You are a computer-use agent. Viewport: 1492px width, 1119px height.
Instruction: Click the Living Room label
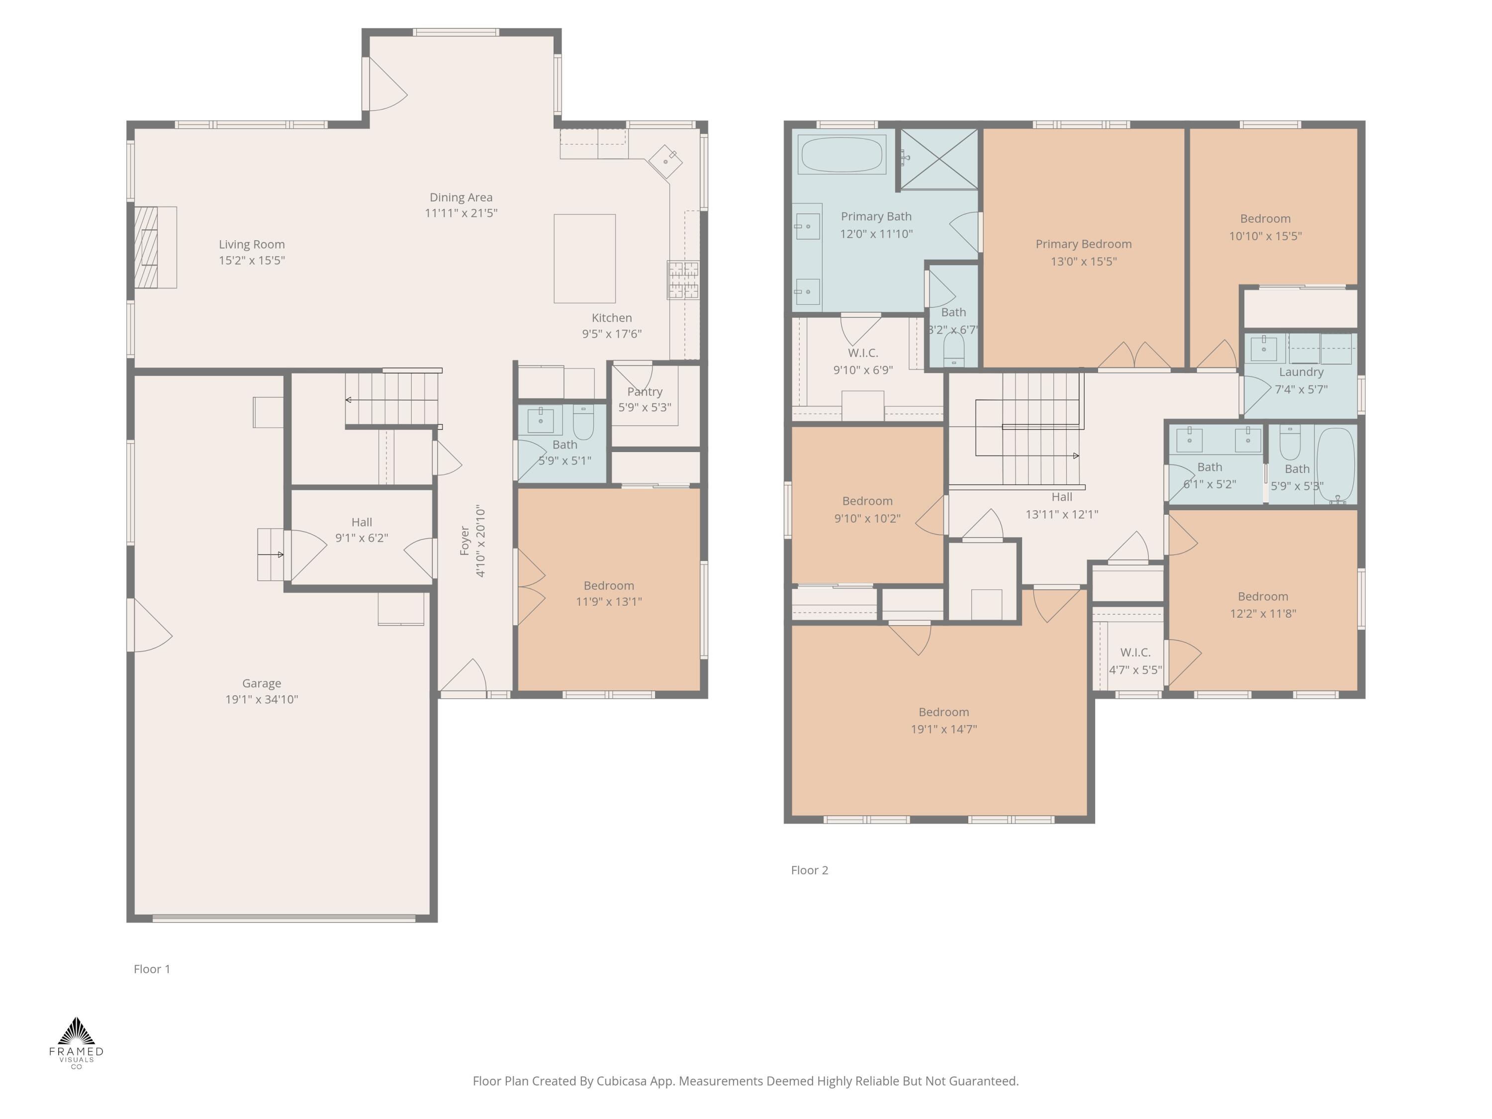click(252, 244)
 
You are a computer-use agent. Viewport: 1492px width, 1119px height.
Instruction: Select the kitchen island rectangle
click(584, 258)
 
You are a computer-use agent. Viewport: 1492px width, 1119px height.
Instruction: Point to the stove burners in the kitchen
click(683, 279)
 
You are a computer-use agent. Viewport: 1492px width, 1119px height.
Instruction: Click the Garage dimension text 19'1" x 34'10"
click(262, 699)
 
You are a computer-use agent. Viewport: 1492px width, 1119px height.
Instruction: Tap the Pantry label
click(645, 392)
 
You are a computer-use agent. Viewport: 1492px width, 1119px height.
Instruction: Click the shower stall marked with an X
click(939, 159)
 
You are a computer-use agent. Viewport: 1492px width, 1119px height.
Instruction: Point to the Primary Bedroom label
click(1083, 244)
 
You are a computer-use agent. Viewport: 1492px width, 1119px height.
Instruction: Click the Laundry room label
click(1301, 373)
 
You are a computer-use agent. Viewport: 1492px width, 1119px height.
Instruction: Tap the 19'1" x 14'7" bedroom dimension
click(943, 729)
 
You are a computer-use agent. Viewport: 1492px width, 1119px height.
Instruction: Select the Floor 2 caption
click(809, 870)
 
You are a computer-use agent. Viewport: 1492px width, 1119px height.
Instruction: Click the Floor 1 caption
click(152, 969)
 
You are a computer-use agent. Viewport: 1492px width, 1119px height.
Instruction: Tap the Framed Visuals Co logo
click(76, 1042)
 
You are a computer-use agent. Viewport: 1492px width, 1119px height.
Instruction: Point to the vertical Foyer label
click(465, 541)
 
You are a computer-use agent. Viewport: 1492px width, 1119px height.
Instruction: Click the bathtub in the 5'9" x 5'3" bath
click(1335, 464)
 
